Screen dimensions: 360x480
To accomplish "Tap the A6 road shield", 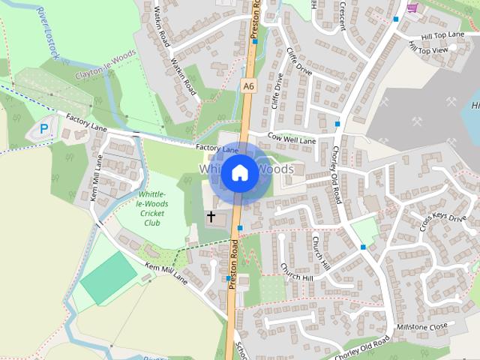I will tap(249, 87).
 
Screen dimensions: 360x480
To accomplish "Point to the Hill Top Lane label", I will tap(442, 36).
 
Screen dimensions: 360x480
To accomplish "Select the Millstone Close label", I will tap(423, 326).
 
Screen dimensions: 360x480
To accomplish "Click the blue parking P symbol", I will tap(44, 129).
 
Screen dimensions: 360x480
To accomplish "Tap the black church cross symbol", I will tap(211, 217).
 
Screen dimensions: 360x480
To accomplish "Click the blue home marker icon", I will tap(239, 172).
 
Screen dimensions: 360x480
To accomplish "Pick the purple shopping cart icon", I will tap(412, 7).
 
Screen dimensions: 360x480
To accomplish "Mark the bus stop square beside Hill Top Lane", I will tap(395, 19).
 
